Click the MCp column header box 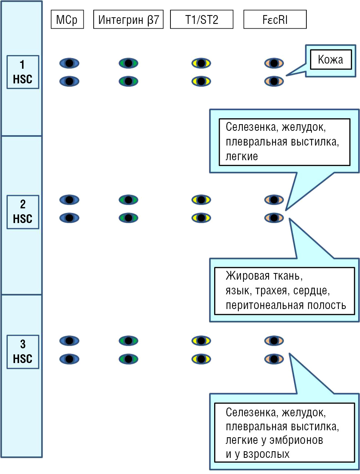(67, 19)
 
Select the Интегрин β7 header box (128, 19)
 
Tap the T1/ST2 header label (202, 19)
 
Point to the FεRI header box (275, 19)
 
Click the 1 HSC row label (23, 72)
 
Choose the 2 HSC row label (23, 212)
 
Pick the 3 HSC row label (23, 352)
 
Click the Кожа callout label (331, 60)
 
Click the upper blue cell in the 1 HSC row (69, 63)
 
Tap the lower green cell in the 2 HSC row (128, 218)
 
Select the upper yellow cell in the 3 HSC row (201, 341)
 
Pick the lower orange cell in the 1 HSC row (274, 81)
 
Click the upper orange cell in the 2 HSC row (274, 200)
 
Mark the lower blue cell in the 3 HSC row (69, 359)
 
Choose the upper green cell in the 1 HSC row (128, 63)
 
